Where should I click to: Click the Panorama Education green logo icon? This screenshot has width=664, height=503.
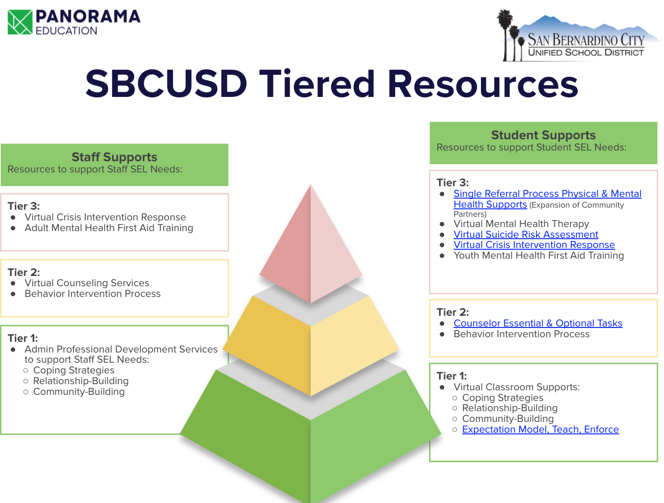pyautogui.click(x=20, y=22)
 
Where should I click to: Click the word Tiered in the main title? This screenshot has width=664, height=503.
pyautogui.click(x=317, y=84)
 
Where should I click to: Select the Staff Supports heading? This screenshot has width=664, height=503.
pyautogui.click(x=114, y=157)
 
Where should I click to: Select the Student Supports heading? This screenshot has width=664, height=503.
pyautogui.click(x=543, y=135)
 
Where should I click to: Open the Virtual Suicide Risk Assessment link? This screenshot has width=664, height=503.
pyautogui.click(x=526, y=235)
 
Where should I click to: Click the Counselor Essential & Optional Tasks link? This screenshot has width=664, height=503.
pyautogui.click(x=538, y=323)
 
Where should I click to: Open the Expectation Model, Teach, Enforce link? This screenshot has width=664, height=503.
pyautogui.click(x=540, y=430)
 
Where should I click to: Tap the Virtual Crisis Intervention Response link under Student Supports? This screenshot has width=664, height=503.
pyautogui.click(x=534, y=245)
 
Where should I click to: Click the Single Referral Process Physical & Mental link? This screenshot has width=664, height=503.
pyautogui.click(x=547, y=194)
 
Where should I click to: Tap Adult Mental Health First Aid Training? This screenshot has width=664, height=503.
pyautogui.click(x=109, y=228)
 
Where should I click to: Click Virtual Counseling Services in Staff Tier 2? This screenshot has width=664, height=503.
pyautogui.click(x=87, y=283)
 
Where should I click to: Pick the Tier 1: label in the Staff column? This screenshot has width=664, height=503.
pyautogui.click(x=22, y=338)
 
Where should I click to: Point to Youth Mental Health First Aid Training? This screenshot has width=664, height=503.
pyautogui.click(x=539, y=256)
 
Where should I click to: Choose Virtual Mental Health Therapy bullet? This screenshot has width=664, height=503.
pyautogui.click(x=521, y=224)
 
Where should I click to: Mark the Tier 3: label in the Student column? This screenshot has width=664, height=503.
pyautogui.click(x=452, y=183)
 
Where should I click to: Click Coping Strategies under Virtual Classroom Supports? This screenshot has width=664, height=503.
pyautogui.click(x=502, y=398)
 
